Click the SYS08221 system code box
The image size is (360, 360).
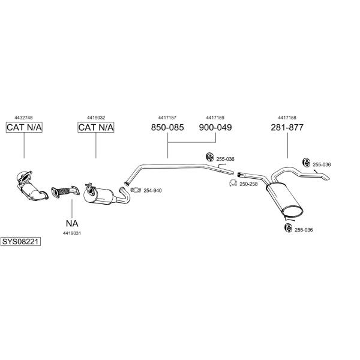pos(20,242)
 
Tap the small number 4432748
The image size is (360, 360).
pos(23,118)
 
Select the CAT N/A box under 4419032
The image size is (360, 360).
pos(96,127)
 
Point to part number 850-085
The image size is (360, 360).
pos(167,127)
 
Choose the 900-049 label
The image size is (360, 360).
pos(215,127)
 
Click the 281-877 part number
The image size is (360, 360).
pos(287,127)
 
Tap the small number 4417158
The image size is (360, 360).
pos(287,118)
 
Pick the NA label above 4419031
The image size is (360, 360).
pos(72,223)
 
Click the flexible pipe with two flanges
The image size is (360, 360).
pos(65,192)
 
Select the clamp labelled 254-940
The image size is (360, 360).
pos(136,190)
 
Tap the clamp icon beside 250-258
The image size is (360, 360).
pos(233,183)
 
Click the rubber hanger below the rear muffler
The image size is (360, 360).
pos(287,228)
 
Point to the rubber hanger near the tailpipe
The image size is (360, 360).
pos(306,163)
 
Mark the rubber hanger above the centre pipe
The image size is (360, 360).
pos(209,157)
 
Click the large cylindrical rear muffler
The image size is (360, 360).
pos(284,199)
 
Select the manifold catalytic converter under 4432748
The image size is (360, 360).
pos(31,186)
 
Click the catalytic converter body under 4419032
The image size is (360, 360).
pos(98,194)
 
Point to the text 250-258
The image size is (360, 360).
pos(248,184)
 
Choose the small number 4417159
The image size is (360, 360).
pos(215,118)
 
